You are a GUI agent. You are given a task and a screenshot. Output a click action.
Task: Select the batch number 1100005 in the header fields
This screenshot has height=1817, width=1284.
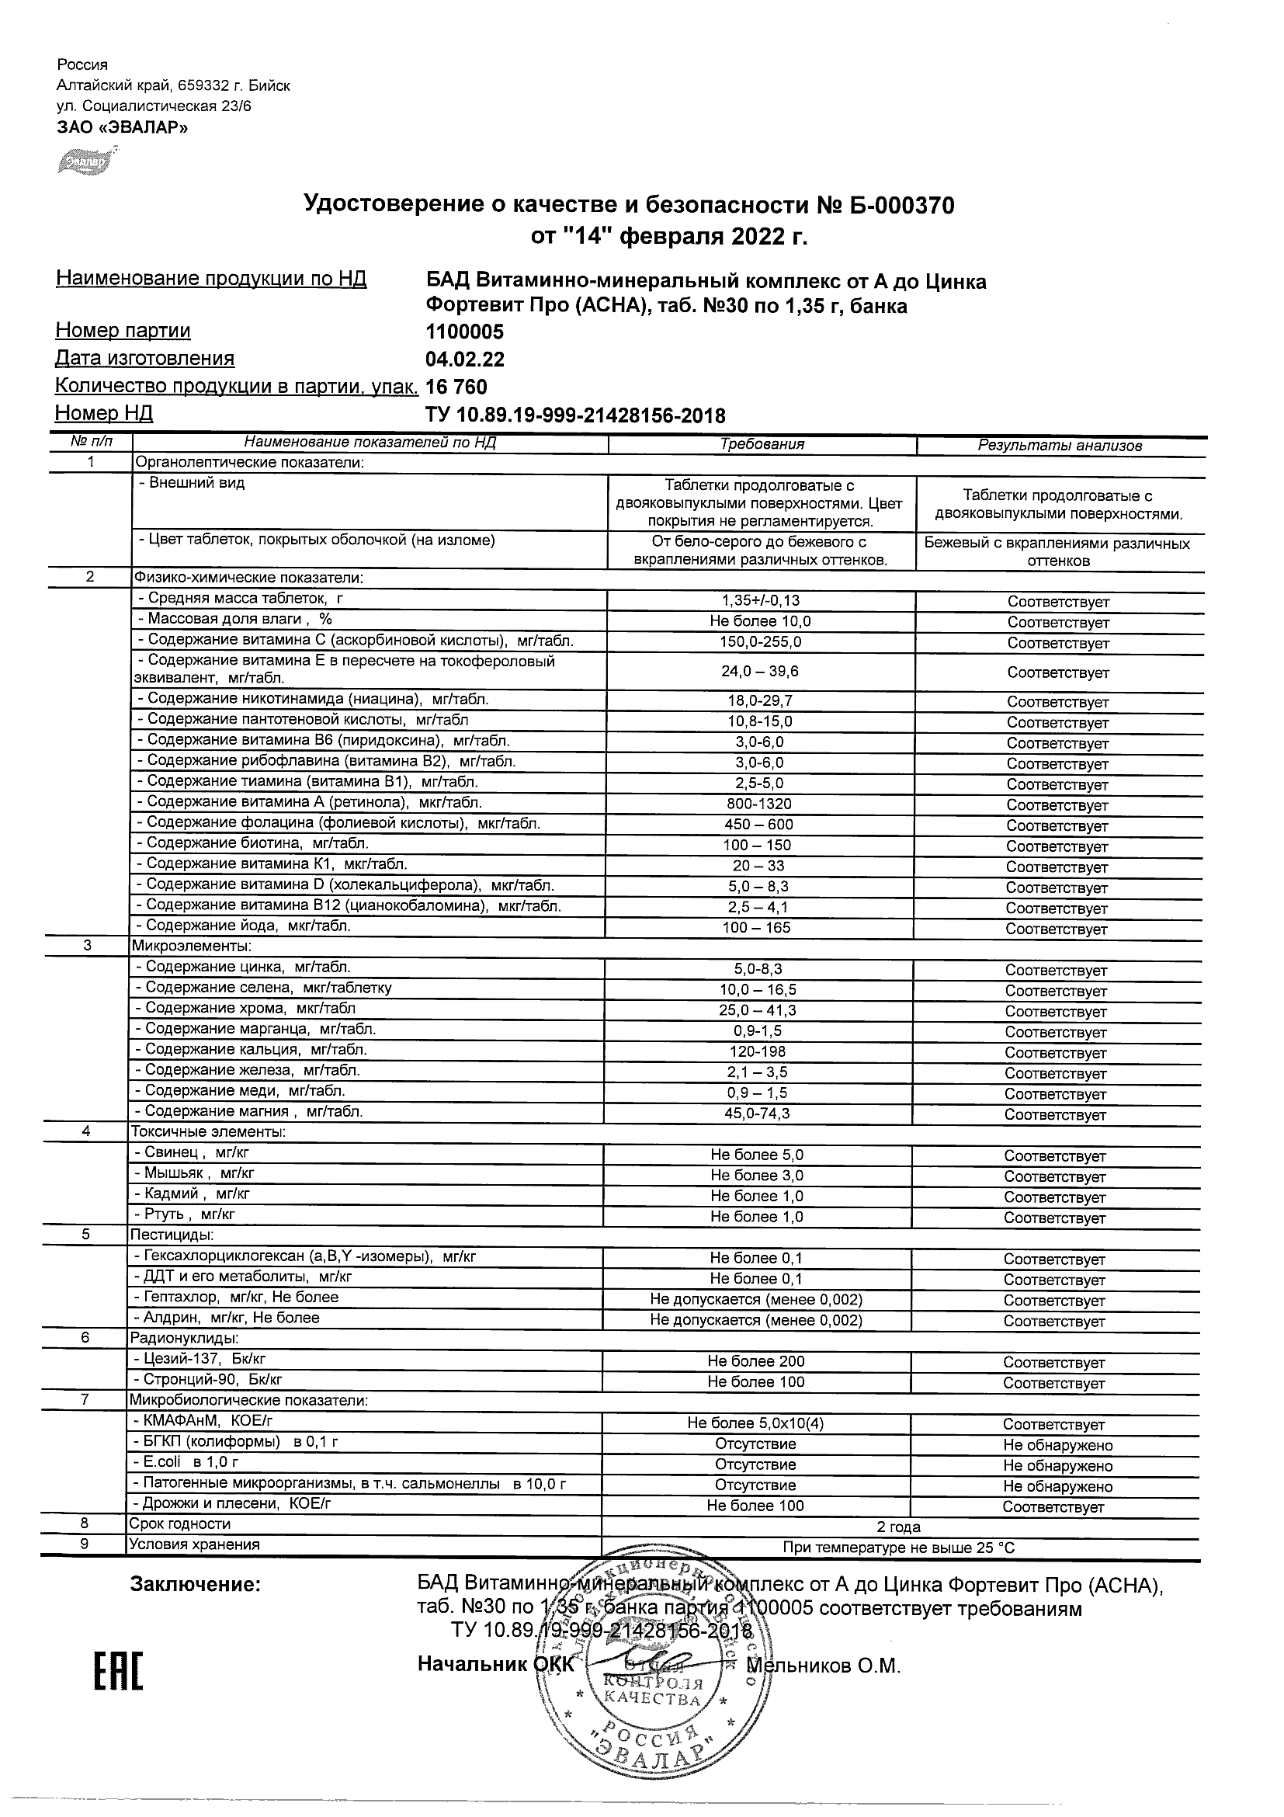[x=464, y=332]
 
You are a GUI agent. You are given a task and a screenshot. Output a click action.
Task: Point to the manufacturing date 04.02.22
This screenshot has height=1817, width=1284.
[x=464, y=360]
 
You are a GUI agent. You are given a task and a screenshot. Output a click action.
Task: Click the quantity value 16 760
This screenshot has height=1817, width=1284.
[x=456, y=387]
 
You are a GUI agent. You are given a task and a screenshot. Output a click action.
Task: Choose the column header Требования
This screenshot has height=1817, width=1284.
[x=762, y=444]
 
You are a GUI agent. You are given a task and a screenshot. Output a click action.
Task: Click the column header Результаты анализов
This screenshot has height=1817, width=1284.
[x=1060, y=446]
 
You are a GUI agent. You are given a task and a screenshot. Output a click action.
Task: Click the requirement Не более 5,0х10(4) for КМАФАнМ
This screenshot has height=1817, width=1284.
[x=755, y=1423]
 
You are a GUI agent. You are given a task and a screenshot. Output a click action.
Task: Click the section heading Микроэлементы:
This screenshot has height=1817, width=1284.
[x=192, y=946]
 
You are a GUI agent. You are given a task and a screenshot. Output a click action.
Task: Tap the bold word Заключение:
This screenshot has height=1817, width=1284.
[x=195, y=1585]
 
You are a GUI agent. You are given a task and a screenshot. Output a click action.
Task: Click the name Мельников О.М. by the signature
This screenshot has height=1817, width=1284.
[x=824, y=1666]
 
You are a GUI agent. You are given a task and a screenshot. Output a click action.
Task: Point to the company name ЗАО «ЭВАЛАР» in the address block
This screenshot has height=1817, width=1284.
[x=123, y=127]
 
